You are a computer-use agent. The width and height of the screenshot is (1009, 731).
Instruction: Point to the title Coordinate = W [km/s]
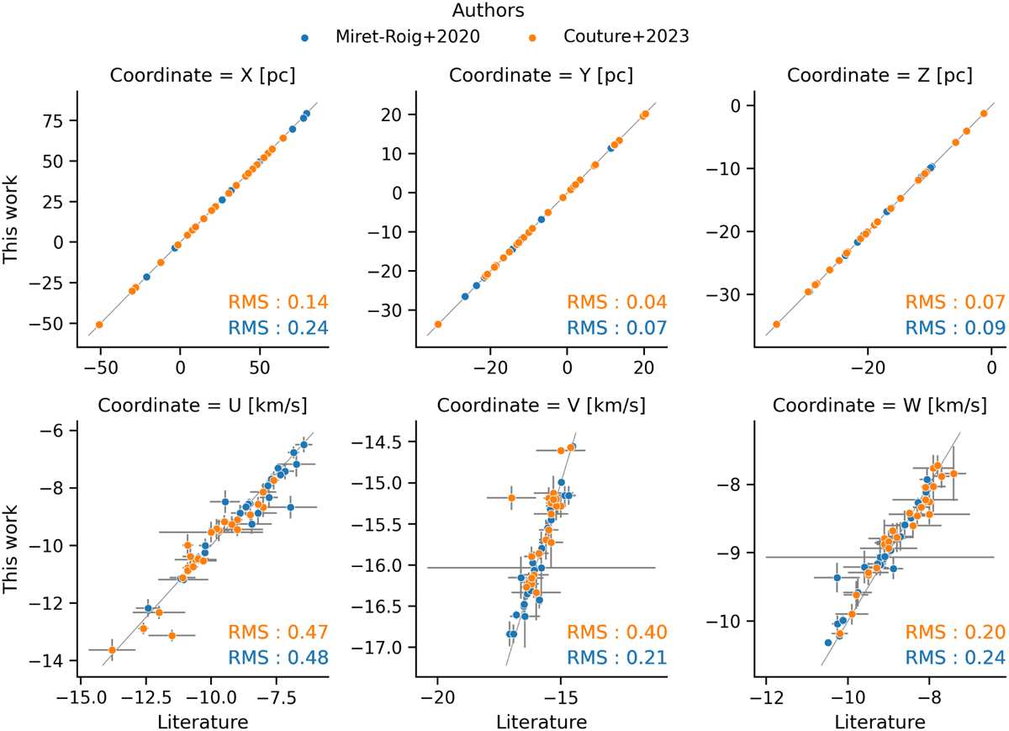[880, 405]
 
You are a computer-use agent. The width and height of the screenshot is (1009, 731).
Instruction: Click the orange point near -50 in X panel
[99, 325]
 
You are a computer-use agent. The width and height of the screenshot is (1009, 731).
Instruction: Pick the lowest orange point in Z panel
[776, 324]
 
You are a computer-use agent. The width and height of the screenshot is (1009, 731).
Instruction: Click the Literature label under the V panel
[541, 721]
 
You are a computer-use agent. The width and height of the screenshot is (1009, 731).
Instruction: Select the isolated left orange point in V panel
[510, 498]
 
